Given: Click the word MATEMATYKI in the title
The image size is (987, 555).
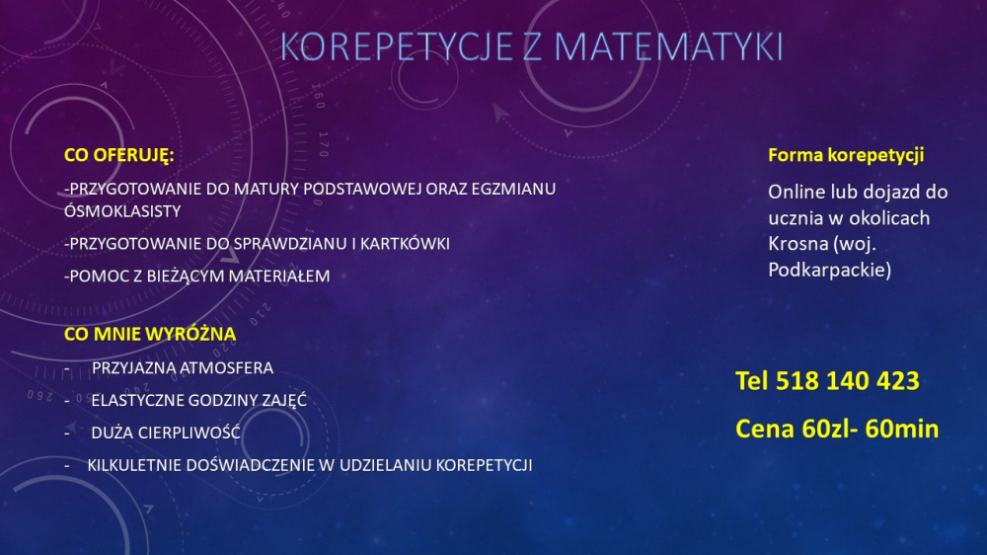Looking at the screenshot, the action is [x=668, y=46].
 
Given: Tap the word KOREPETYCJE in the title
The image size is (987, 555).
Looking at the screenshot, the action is [x=397, y=46].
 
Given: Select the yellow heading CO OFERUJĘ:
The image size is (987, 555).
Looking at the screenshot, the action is [x=119, y=155].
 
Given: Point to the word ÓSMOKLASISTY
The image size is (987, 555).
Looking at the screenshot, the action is [x=122, y=211].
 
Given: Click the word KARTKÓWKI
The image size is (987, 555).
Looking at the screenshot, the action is [x=405, y=244].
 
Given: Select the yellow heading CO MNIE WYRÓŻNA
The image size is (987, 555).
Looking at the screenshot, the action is [x=150, y=334].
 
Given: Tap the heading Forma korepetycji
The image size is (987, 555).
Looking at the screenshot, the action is [x=846, y=156].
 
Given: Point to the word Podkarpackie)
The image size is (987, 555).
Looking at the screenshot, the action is [x=830, y=271].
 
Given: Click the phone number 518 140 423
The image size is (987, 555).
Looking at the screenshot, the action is [x=847, y=381].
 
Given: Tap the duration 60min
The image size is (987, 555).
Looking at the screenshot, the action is [x=902, y=429].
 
